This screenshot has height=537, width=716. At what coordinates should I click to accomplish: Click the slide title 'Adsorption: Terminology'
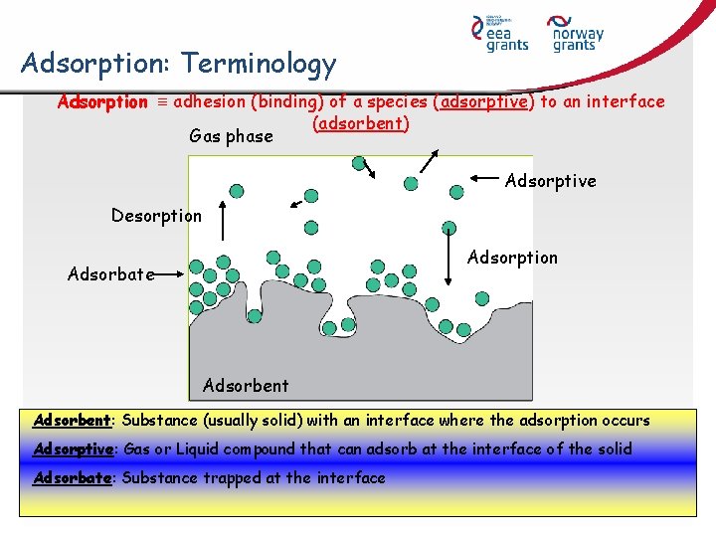[179, 65]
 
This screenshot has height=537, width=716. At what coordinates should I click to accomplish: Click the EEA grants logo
[506, 34]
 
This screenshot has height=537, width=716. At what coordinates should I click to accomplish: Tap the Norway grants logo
[578, 34]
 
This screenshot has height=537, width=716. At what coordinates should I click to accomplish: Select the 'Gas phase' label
[231, 136]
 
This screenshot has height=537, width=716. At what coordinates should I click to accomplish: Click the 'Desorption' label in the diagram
[156, 216]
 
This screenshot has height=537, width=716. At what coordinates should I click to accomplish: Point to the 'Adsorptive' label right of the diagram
[550, 181]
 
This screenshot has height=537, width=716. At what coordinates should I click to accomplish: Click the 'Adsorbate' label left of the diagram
[110, 274]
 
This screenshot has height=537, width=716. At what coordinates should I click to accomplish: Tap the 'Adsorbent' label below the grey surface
[246, 386]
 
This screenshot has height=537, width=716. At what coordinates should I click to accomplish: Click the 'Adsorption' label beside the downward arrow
[512, 258]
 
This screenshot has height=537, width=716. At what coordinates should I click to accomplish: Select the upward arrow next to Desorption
[221, 217]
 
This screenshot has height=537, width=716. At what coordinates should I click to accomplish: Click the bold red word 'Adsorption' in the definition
[102, 102]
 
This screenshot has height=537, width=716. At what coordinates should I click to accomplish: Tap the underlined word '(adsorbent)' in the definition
[360, 123]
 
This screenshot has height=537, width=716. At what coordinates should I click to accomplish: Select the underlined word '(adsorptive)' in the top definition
[486, 102]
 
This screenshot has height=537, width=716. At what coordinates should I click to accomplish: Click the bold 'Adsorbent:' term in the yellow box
[72, 421]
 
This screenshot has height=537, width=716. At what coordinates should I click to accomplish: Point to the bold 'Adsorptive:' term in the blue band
[73, 449]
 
